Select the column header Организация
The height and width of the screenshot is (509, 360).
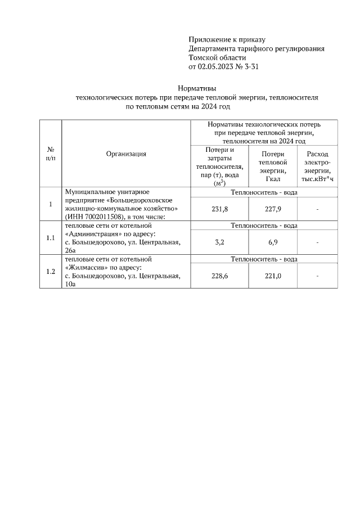pos(126,154)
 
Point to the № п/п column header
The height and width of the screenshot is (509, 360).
pos(50,154)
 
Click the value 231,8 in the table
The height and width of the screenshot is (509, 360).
pos(219,209)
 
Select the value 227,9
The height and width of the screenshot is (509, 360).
pos(273,209)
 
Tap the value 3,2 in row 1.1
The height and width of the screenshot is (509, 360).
pos(219,242)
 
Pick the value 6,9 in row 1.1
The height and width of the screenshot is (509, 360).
pos(273,242)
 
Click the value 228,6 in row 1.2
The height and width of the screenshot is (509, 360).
pos(219,276)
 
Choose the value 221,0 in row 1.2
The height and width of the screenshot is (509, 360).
pos(273,276)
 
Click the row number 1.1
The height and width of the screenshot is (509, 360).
pos(50,238)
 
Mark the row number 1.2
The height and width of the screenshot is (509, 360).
pos(50,272)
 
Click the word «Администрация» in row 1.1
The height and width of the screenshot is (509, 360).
pos(93,233)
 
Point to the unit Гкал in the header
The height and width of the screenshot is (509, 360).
pos(273,179)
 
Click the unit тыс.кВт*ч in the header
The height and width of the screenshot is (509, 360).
pos(318,179)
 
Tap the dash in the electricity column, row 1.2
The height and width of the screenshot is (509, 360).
pos(318,276)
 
